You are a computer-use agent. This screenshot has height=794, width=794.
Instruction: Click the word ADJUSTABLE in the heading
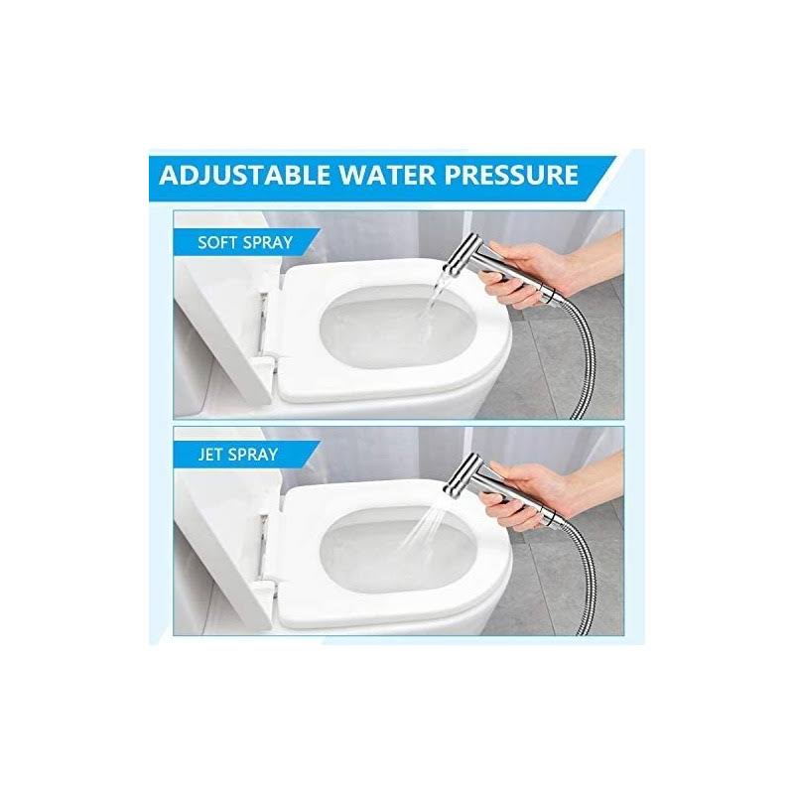[244, 175]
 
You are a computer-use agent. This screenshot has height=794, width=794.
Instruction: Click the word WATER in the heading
[387, 175]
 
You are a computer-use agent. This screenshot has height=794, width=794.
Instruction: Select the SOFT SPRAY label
[245, 242]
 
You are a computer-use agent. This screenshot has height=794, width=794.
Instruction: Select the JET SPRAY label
[238, 455]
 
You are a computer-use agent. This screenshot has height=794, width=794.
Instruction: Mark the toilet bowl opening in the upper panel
[396, 328]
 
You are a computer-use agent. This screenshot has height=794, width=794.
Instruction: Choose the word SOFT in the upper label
[216, 242]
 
